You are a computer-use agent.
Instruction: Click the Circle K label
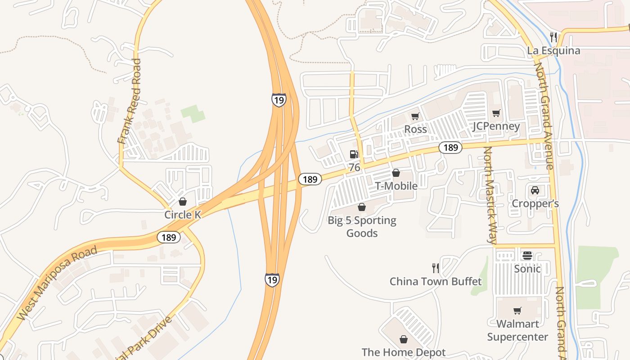[x=183, y=215]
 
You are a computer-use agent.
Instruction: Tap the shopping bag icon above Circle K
[x=183, y=201]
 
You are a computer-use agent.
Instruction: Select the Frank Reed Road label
[x=130, y=101]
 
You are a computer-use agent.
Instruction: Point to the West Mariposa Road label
[x=57, y=283]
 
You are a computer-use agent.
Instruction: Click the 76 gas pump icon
[x=355, y=154]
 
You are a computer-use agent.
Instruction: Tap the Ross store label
[x=415, y=130]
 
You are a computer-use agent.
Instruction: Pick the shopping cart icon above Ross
[x=415, y=116]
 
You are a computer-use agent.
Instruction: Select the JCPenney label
[x=496, y=126]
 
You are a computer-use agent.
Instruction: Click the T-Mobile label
[x=396, y=186]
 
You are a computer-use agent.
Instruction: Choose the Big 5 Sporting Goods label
[x=362, y=226]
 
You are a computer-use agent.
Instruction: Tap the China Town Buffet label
[x=436, y=282]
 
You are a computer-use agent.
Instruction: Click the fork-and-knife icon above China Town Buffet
[x=435, y=268]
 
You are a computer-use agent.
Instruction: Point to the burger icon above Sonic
[x=527, y=256]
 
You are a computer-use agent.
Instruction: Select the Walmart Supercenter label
[x=517, y=330]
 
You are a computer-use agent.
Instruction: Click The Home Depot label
[x=404, y=352]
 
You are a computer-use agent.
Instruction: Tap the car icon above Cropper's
[x=535, y=190]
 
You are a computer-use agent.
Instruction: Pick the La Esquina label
[x=553, y=50]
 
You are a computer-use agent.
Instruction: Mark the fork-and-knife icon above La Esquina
[x=554, y=37]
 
